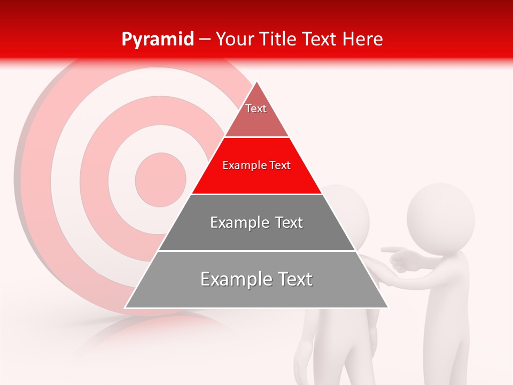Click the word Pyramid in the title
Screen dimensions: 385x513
(x=157, y=40)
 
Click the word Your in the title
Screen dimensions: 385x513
(x=234, y=39)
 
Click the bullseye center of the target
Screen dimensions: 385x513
(x=160, y=179)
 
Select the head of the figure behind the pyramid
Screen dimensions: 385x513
(x=350, y=214)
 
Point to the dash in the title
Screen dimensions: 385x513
(x=204, y=40)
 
